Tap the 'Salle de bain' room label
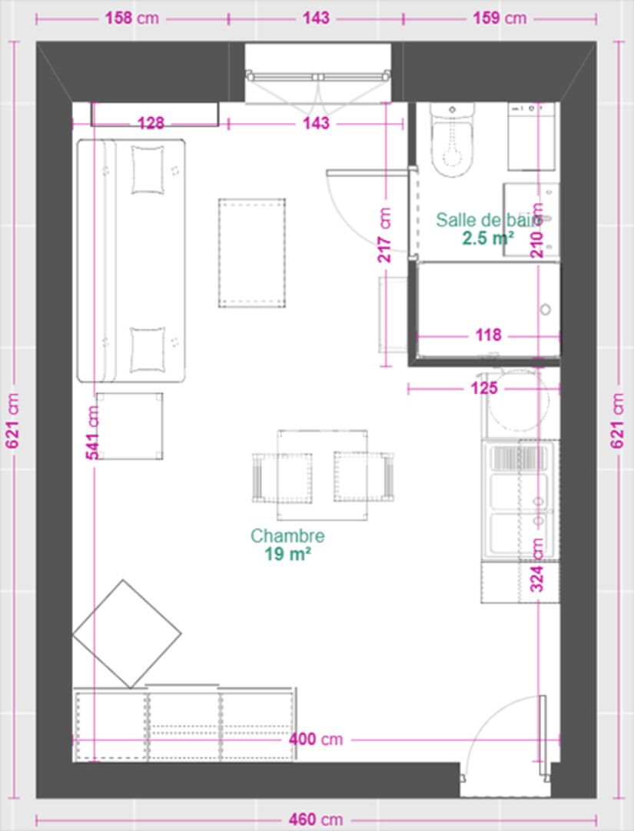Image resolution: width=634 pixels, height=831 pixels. [x=486, y=220]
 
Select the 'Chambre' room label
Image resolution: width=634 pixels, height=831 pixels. [x=287, y=536]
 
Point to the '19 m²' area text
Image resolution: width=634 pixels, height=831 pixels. [x=287, y=554]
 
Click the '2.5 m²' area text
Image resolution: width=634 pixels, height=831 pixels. [x=488, y=239]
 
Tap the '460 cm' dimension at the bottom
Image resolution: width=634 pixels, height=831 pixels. [x=315, y=820]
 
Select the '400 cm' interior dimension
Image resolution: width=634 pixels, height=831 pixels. [x=315, y=739]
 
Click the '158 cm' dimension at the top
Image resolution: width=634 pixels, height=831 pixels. [x=131, y=18]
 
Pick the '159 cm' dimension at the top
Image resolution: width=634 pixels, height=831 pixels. [x=500, y=18]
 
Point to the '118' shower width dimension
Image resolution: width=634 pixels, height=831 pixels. [x=488, y=335]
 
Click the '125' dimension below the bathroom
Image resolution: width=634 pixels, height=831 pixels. [x=484, y=388]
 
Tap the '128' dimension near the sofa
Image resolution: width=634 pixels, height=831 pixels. [x=151, y=123]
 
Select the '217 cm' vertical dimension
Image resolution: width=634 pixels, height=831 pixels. [x=385, y=235]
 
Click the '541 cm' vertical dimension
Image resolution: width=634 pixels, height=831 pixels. [x=92, y=432]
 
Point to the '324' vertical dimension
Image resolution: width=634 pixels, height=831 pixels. [x=536, y=565]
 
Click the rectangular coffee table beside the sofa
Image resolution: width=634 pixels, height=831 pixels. [x=252, y=253]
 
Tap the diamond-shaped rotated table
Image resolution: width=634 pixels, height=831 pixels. [x=127, y=634]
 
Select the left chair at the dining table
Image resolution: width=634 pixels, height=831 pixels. [x=281, y=478]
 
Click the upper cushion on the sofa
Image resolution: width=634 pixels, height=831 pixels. [x=147, y=170]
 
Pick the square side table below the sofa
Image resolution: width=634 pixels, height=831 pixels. [x=130, y=426]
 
